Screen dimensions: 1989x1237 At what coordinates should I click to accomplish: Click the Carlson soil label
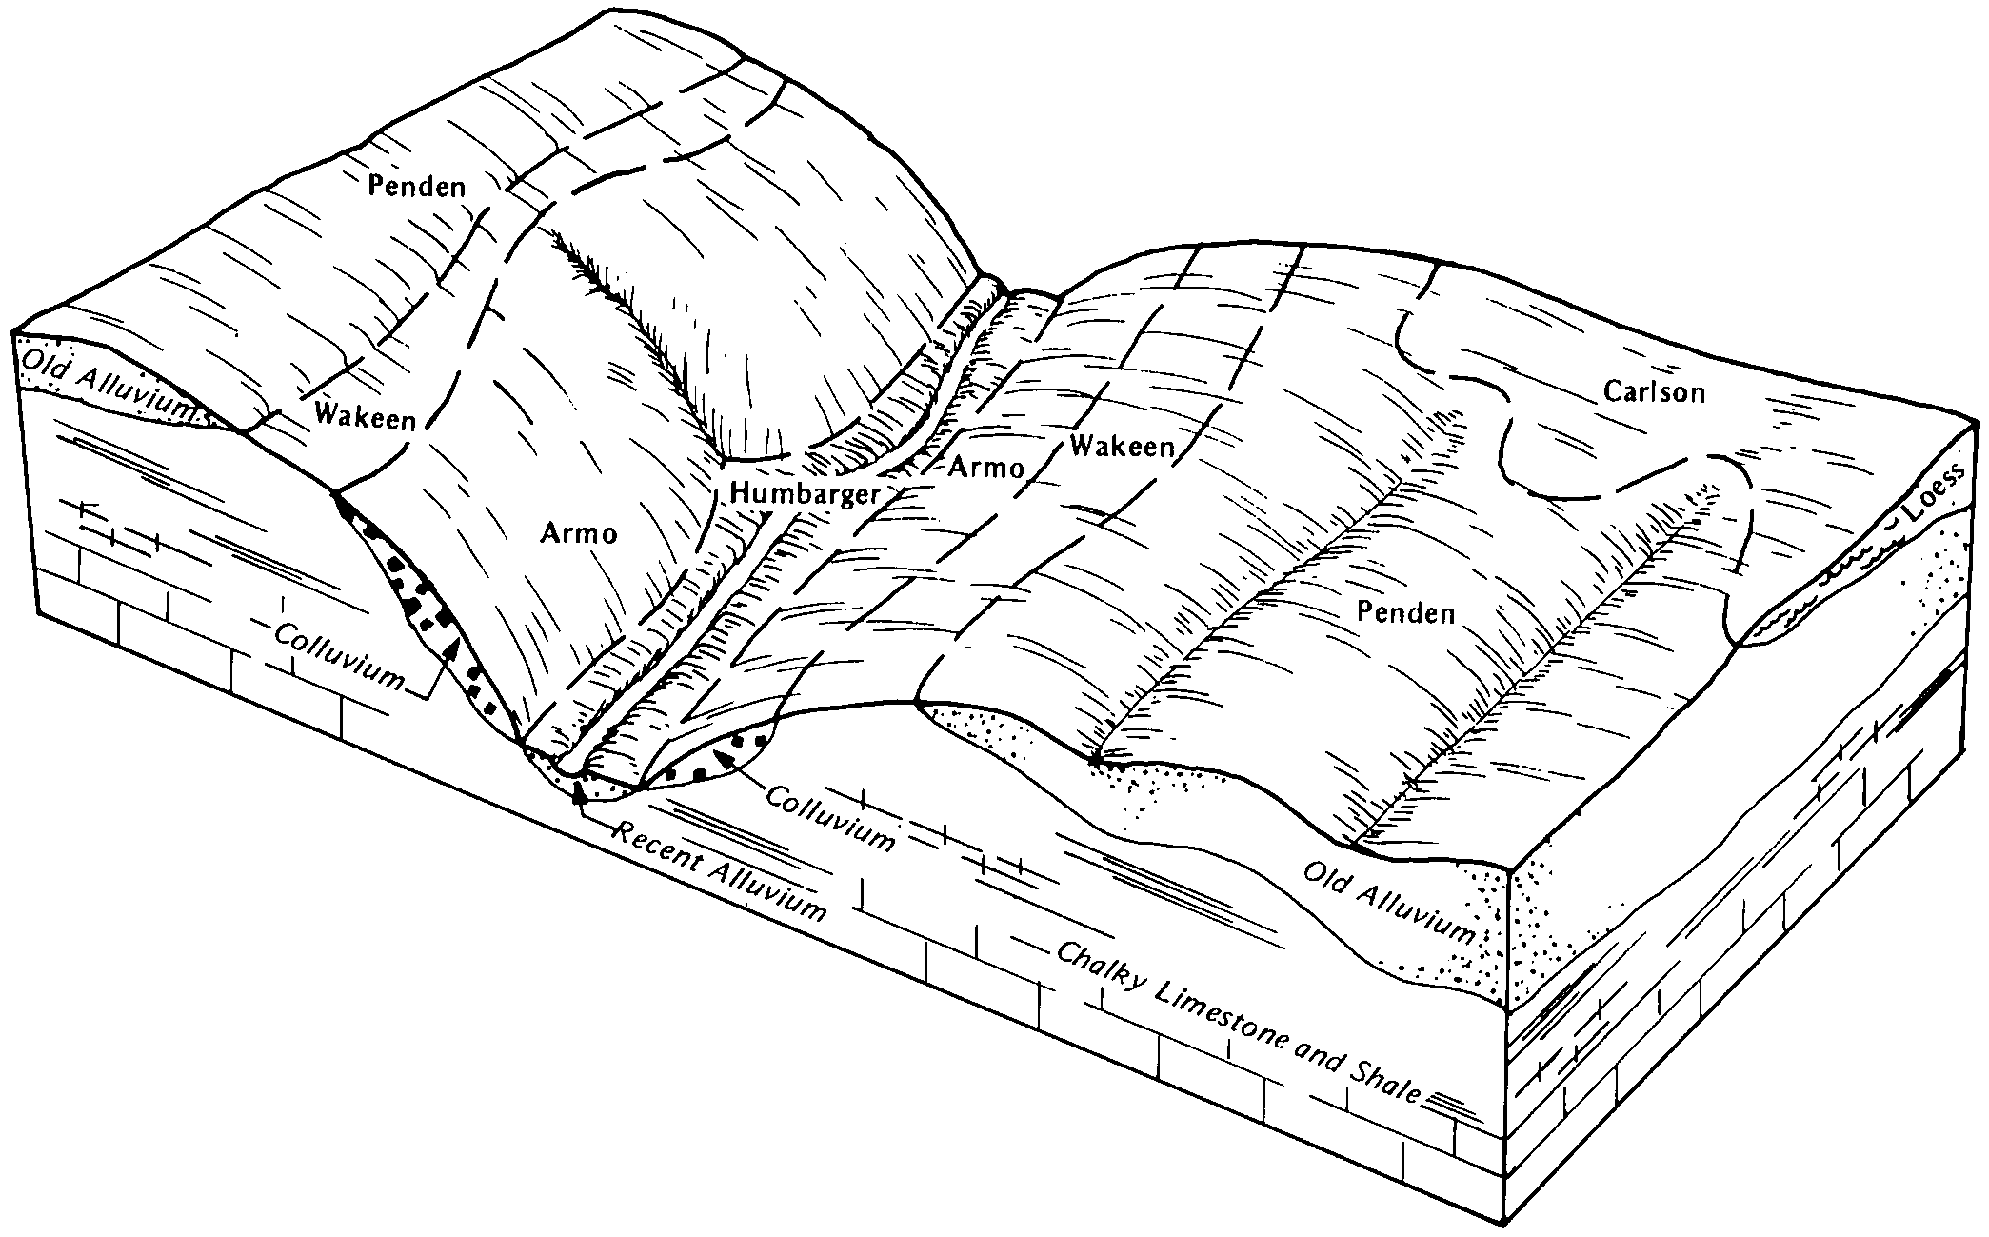[1654, 391]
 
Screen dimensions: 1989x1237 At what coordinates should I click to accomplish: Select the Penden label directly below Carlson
[1406, 613]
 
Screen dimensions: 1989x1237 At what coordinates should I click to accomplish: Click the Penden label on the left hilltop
[417, 186]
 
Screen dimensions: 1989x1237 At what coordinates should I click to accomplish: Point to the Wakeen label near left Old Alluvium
[366, 418]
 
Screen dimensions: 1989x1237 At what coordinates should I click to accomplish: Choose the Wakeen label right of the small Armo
[1122, 446]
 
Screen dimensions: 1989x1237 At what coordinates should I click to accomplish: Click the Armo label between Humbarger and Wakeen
[986, 468]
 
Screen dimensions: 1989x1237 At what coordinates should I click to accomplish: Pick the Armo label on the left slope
[578, 533]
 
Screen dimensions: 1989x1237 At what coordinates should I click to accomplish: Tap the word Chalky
[1100, 970]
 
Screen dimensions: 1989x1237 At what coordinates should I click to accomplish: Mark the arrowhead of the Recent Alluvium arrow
[577, 789]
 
